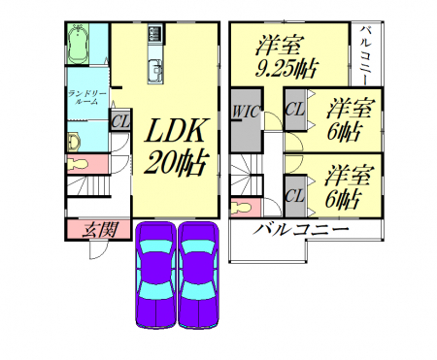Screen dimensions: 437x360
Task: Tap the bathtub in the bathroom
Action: pos(79,44)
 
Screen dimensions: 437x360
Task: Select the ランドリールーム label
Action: pos(86,98)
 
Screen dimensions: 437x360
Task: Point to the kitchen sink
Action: pos(155,71)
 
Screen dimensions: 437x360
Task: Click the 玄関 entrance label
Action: pos(100,230)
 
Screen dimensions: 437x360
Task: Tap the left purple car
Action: pos(156,275)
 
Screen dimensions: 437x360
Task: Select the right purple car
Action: pos(198,275)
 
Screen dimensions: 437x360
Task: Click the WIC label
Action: pos(247,112)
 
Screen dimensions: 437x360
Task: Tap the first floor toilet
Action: pos(79,164)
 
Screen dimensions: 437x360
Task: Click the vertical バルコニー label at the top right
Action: pos(366,55)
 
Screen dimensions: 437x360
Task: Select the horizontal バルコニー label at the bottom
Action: pos(301,230)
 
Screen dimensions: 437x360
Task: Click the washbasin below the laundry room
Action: pos(74,143)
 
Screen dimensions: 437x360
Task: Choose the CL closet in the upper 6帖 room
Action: pos(295,110)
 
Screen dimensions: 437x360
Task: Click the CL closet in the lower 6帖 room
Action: pos(295,196)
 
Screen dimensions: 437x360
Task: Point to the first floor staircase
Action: pos(89,185)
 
